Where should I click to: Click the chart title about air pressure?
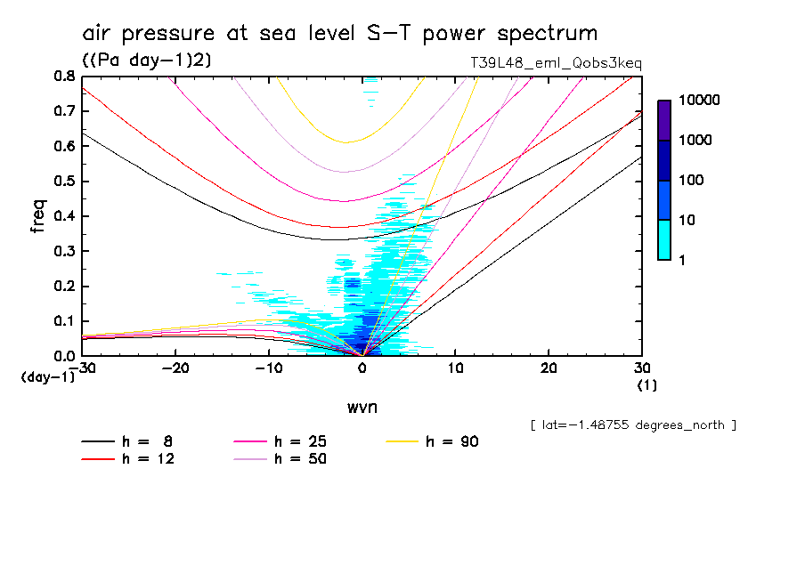coord(339,34)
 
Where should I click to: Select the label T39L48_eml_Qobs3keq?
coord(556,63)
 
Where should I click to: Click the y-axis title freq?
coord(37,216)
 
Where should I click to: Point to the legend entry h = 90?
coord(450,441)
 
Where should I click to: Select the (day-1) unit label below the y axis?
coord(46,377)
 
